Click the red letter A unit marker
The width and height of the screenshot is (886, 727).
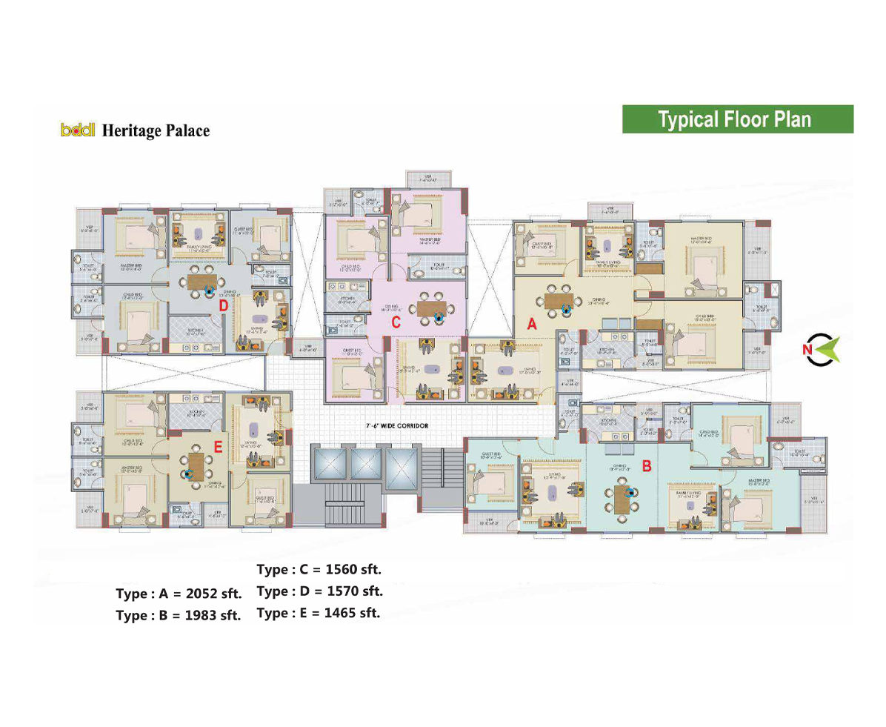pos(531,324)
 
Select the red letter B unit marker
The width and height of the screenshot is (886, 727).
pos(646,466)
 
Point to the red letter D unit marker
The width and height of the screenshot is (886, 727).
pos(221,305)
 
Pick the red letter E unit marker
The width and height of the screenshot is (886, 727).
pos(218,446)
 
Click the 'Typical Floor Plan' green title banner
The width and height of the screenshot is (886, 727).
pos(737,119)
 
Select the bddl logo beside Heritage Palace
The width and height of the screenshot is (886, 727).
pos(79,131)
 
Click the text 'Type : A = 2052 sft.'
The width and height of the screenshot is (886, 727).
pos(179,594)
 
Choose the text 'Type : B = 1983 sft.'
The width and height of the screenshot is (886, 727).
pos(179,616)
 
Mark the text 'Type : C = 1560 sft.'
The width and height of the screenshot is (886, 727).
pos(319,570)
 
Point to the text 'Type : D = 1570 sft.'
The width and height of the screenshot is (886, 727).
pos(319,591)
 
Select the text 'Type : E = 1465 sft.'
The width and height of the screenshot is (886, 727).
pos(319,613)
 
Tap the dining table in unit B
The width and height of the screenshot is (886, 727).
pos(621,501)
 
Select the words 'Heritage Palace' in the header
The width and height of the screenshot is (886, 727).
pos(156,131)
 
